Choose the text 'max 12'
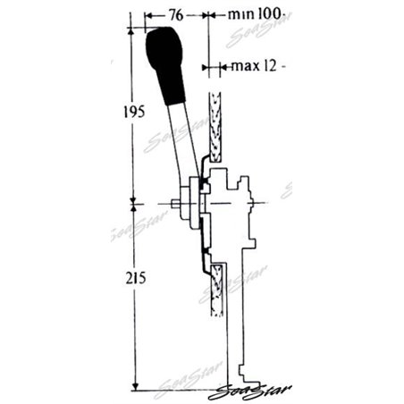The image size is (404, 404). pyautogui.click(x=254, y=66)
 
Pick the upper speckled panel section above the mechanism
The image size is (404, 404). pyautogui.click(x=214, y=125)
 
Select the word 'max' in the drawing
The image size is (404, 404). pyautogui.click(x=244, y=66)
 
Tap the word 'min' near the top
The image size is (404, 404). pyautogui.click(x=239, y=15)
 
